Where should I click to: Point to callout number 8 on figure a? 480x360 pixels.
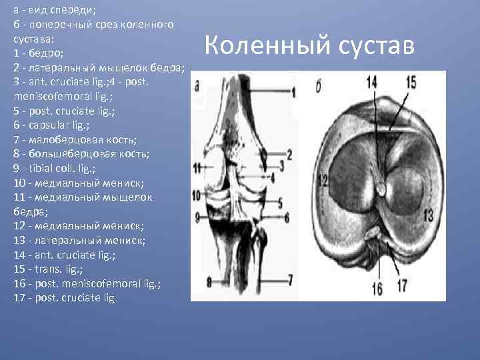coord(209,283)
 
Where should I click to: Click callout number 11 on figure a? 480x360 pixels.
coord(197,168)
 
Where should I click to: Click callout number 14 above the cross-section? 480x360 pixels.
coord(371,81)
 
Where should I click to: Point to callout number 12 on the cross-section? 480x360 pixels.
coord(323,180)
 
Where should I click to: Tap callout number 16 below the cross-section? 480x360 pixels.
coord(377,287)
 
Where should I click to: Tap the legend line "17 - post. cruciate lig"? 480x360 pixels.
coord(64,297)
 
